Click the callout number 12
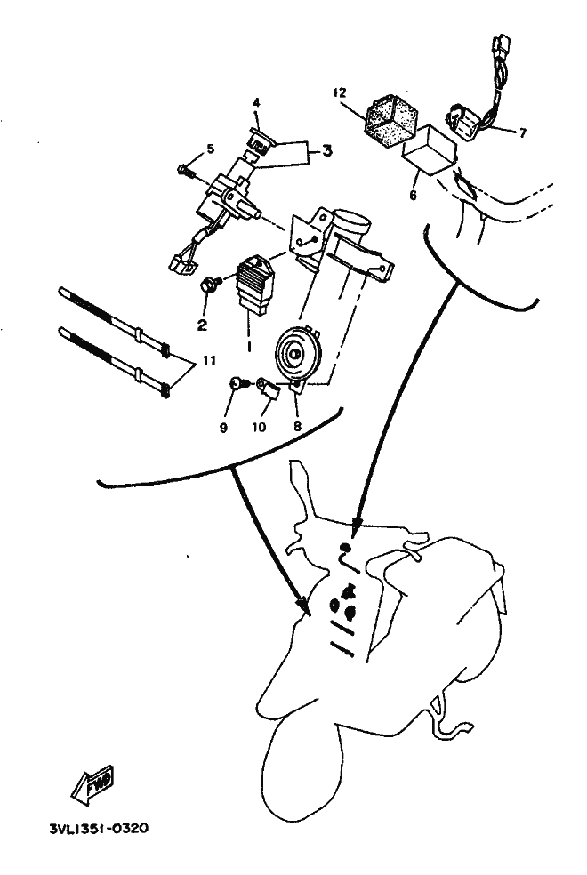340,92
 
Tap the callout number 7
523,132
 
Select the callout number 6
413,196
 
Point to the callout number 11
209,361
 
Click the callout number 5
211,149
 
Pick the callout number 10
259,428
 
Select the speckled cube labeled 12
392,120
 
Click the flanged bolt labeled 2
211,285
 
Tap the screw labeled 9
238,383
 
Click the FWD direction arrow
93,784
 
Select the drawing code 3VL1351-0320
99,828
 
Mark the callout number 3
327,150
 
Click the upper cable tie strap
115,321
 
